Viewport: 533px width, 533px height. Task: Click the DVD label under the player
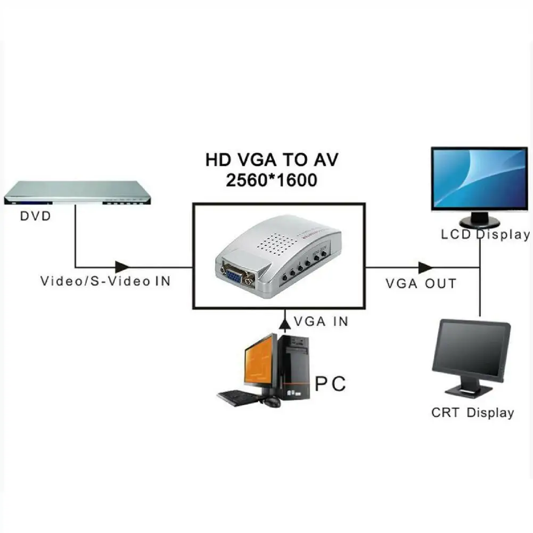point(35,216)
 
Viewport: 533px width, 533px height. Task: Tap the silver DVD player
point(77,193)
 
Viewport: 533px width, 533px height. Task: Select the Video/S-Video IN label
point(105,281)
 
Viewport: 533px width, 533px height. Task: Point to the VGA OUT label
point(421,283)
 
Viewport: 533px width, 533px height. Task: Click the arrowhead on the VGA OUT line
point(425,267)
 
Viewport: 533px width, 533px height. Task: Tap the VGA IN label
point(321,322)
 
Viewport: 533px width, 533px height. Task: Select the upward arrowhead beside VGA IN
point(285,323)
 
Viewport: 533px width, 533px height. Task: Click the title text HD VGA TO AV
point(272,160)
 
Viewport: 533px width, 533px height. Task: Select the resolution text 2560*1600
point(272,180)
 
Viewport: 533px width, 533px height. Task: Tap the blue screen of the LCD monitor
point(479,178)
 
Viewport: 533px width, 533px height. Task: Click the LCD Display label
point(486,234)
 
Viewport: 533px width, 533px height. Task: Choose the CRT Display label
point(472,413)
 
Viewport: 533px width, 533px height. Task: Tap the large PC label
point(330,384)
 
